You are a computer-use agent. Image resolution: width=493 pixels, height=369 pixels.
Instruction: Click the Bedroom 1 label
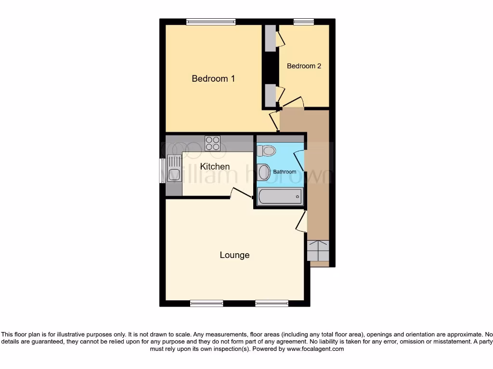(x=213, y=78)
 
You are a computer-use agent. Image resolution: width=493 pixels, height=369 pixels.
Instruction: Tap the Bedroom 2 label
(x=304, y=66)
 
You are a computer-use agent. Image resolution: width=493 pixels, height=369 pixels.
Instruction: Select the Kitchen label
(x=215, y=166)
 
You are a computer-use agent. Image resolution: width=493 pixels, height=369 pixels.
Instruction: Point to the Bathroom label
(x=285, y=172)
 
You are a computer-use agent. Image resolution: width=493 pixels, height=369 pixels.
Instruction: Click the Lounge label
(x=234, y=255)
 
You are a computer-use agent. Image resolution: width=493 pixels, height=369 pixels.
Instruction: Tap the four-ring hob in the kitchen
(x=212, y=143)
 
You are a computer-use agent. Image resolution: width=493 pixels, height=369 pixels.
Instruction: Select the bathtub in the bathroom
(x=280, y=196)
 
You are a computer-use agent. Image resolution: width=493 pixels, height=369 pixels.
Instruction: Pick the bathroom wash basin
(x=264, y=172)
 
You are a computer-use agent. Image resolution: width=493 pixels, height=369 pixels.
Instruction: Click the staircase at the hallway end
(x=318, y=250)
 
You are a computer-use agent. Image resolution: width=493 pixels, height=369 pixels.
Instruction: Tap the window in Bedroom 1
(x=211, y=21)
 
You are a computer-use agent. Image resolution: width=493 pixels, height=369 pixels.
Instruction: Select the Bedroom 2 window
(x=304, y=21)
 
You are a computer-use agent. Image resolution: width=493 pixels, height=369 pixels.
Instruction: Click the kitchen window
(x=162, y=170)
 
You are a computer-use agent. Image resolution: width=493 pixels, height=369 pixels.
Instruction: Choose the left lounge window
(x=206, y=303)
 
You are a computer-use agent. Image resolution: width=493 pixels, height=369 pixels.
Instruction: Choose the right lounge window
(x=272, y=303)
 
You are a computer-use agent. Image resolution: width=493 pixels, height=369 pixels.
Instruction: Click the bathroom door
(x=299, y=160)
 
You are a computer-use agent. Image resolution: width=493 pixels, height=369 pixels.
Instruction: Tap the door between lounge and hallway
(x=302, y=221)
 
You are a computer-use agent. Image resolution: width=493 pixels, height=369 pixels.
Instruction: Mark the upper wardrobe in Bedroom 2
(x=271, y=38)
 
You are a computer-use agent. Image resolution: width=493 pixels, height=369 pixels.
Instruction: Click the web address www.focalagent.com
(x=315, y=349)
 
